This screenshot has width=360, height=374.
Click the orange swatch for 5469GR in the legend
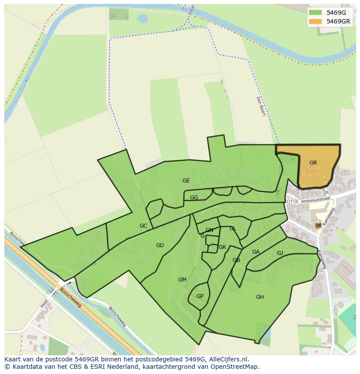pyautogui.click(x=316, y=21)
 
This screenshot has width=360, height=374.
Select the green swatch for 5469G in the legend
pyautogui.click(x=316, y=13)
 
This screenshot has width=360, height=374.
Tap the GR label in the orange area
pyautogui.click(x=313, y=163)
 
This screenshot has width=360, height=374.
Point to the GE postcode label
pyautogui.click(x=186, y=181)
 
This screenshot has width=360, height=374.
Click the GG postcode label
pyautogui.click(x=194, y=198)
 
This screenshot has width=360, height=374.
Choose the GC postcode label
pyautogui.click(x=143, y=226)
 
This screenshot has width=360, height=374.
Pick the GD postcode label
pyautogui.click(x=160, y=245)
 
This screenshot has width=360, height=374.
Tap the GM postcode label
pyautogui.click(x=182, y=280)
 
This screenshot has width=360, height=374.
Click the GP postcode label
pyautogui.click(x=200, y=296)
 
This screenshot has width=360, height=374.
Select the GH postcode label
pyautogui.click(x=260, y=297)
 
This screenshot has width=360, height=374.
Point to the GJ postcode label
pyautogui.click(x=280, y=253)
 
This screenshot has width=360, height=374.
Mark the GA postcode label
pyautogui.click(x=256, y=252)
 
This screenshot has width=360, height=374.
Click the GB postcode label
pyautogui.click(x=236, y=260)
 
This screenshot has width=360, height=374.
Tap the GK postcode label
pyautogui.click(x=222, y=247)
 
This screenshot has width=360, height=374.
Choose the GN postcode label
pyautogui.click(x=210, y=230)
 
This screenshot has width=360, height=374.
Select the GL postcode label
pyautogui.click(x=233, y=228)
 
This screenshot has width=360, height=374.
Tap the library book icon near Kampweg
pyautogui.click(x=319, y=225)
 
